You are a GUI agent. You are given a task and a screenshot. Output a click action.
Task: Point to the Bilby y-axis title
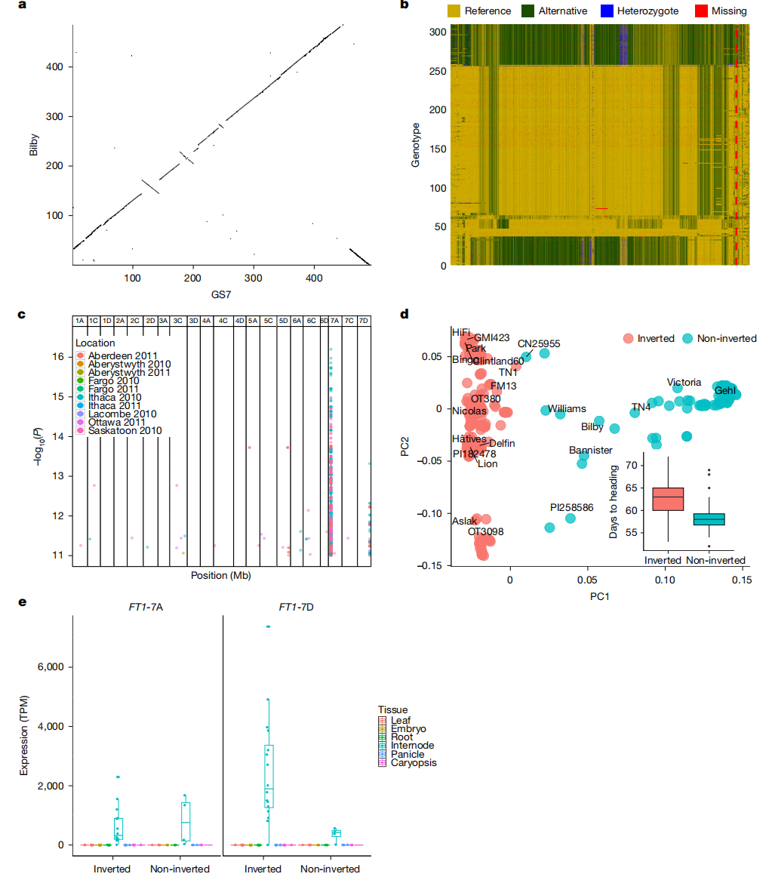pyautogui.click(x=33, y=143)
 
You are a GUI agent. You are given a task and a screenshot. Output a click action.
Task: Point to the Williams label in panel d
pyautogui.click(x=567, y=409)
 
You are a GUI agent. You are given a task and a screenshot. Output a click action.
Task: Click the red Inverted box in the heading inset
pyautogui.click(x=668, y=498)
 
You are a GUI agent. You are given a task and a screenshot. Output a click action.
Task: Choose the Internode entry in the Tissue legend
pyautogui.click(x=412, y=746)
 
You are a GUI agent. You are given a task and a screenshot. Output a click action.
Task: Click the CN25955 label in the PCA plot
pyautogui.click(x=539, y=343)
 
